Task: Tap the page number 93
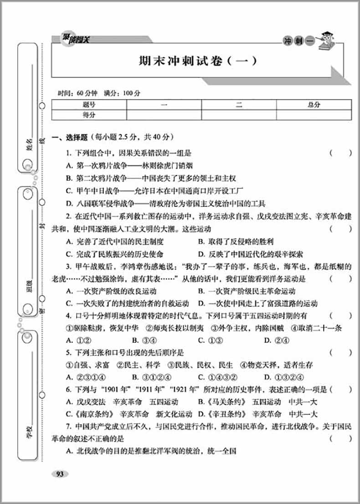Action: tap(59, 474)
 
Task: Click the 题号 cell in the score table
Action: tap(89, 105)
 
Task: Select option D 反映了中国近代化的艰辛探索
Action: tap(250, 254)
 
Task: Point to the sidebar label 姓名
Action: tap(30, 146)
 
